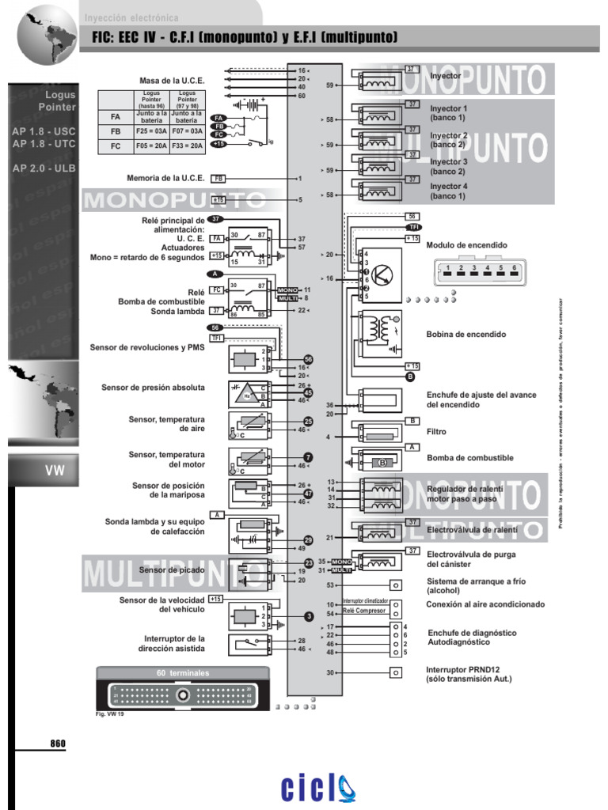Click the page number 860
pyautogui.click(x=58, y=744)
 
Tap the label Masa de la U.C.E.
pyautogui.click(x=172, y=81)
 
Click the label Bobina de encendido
pyautogui.click(x=465, y=335)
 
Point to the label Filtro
pyautogui.click(x=436, y=432)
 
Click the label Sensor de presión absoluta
pyautogui.click(x=153, y=388)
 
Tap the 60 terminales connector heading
pyautogui.click(x=183, y=672)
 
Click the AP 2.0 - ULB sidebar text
pyautogui.click(x=44, y=168)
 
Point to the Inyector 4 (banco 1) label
pyautogui.click(x=449, y=191)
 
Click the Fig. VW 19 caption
pyautogui.click(x=109, y=713)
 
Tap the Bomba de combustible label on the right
pyautogui.click(x=469, y=458)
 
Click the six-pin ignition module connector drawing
pyautogui.click(x=475, y=273)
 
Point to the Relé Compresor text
pyautogui.click(x=364, y=611)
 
